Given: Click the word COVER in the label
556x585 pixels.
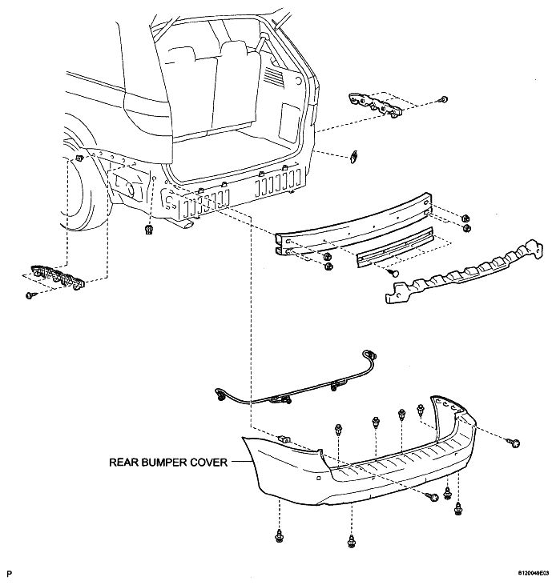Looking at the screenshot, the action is coord(209,463).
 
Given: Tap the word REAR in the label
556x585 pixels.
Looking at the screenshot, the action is coord(123,463).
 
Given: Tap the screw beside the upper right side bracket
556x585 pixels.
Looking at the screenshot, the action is coord(443,99).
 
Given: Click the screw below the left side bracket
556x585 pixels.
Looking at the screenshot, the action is coord(30,295).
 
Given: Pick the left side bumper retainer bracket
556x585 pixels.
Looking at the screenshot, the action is coord(57,277).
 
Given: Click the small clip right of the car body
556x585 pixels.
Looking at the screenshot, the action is coord(353,156).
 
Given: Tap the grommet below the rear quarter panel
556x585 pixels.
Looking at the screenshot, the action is coord(149,229).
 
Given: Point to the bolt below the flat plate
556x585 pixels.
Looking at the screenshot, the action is coord(393,273).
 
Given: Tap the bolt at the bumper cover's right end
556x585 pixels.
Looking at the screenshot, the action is coord(514,443).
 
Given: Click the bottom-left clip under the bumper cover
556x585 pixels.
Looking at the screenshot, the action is coord(279,536).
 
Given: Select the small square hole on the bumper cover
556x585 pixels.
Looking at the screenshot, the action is coord(318,478).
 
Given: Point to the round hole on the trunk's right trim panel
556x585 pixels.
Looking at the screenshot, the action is coord(298,81).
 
